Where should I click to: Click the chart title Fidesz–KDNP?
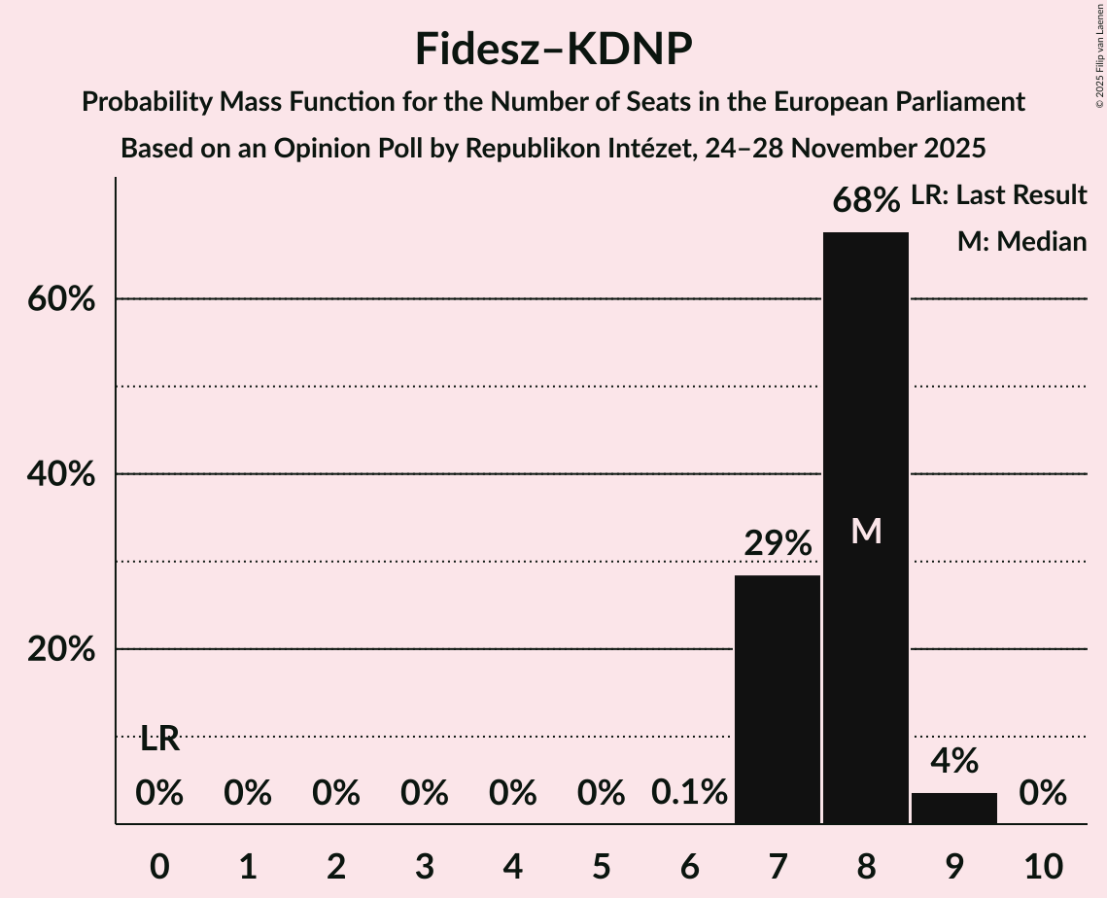tap(553, 49)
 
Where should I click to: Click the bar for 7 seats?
tap(777, 699)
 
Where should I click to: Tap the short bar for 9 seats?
tap(953, 808)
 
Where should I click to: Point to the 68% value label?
tap(865, 201)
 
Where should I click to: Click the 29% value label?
tap(777, 544)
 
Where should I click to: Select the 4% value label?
tap(953, 761)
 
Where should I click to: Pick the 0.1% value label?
tap(689, 793)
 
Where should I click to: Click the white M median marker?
tap(865, 532)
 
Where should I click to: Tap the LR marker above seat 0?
tap(159, 740)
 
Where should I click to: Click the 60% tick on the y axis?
tap(61, 299)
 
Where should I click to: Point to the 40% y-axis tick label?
tap(61, 474)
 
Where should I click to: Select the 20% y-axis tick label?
tap(61, 649)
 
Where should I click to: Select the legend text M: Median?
tap(1021, 242)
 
